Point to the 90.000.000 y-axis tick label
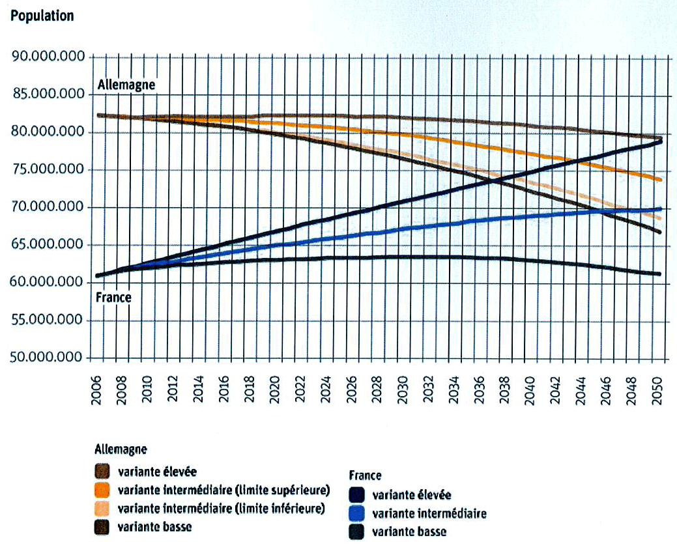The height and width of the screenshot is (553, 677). [49, 57]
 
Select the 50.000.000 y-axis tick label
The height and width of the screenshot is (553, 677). [49, 358]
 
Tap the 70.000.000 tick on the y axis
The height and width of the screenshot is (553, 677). [49, 208]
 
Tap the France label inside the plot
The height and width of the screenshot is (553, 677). [113, 298]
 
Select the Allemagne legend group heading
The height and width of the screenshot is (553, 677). [121, 449]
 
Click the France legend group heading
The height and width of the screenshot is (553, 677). [365, 475]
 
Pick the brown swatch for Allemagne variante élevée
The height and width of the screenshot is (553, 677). [103, 471]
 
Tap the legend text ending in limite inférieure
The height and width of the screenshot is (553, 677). [222, 508]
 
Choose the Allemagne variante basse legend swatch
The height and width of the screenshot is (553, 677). [103, 527]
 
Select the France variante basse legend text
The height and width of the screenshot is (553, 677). [409, 532]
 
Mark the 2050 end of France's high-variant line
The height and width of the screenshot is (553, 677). [660, 140]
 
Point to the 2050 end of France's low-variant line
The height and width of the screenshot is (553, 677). [660, 274]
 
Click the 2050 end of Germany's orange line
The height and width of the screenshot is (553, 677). [660, 180]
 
